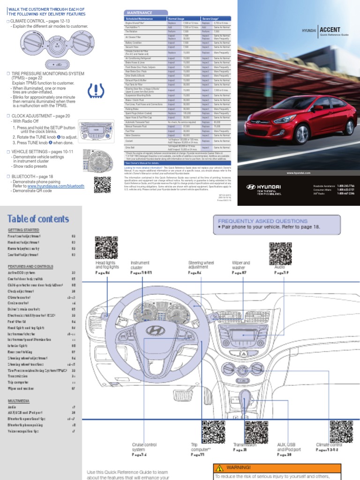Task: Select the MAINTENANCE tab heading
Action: tap(139, 12)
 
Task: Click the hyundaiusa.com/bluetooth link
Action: tap(56, 186)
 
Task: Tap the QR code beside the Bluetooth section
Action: tap(103, 185)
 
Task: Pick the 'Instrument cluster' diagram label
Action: tap(140, 266)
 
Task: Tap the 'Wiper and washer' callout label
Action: tap(241, 266)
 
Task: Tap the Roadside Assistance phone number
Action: tap(345, 186)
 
